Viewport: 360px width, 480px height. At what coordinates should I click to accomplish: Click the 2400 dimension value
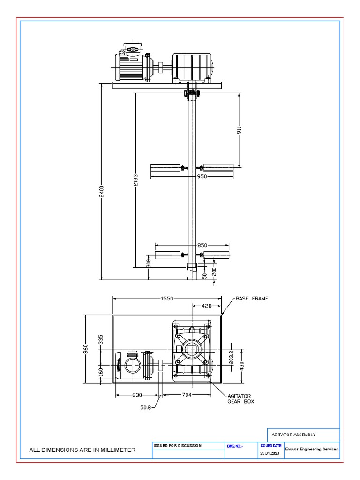(x=102, y=191)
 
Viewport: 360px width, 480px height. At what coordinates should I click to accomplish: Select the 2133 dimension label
(x=136, y=180)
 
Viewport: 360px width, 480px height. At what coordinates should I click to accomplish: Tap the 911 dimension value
(x=239, y=130)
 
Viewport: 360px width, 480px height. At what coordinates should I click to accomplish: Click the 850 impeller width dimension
(x=202, y=245)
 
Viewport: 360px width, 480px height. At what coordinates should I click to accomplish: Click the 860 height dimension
(x=86, y=350)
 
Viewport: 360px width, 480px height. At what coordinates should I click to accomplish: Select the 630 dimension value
(x=137, y=395)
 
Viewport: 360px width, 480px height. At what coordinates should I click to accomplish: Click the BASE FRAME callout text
(x=252, y=299)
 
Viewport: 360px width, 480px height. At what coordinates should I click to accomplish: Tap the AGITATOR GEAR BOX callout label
(x=240, y=398)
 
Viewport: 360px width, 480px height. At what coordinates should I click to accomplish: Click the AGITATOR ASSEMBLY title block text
(x=293, y=435)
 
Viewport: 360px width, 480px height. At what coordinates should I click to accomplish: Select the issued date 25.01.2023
(x=270, y=453)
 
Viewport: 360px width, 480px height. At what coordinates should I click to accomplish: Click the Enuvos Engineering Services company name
(x=311, y=449)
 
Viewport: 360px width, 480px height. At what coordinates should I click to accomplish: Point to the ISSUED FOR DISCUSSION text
(x=177, y=445)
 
